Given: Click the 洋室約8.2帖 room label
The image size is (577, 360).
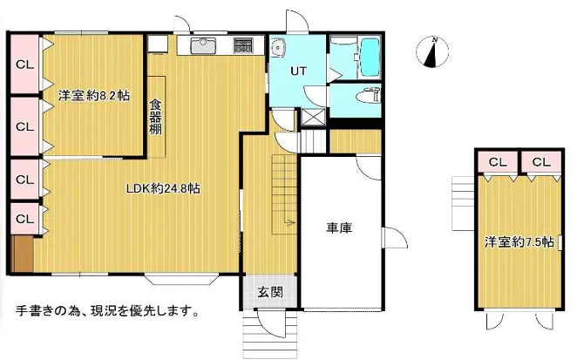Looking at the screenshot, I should pos(93,96).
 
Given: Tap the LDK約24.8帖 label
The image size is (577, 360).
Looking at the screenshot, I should pos(164,188).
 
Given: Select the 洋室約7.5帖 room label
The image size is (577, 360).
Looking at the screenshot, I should pos(519,242).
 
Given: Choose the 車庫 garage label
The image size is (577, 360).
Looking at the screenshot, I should pos(339,228).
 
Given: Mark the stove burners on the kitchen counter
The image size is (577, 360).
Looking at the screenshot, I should pos(242,44).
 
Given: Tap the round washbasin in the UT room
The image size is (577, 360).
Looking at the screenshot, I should pos(277,48).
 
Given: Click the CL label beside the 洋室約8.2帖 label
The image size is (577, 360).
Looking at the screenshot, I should pos(24,125).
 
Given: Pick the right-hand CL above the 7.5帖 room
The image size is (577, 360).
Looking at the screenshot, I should pos(541,162).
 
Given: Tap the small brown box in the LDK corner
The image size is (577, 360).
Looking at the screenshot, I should pos(24,254).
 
